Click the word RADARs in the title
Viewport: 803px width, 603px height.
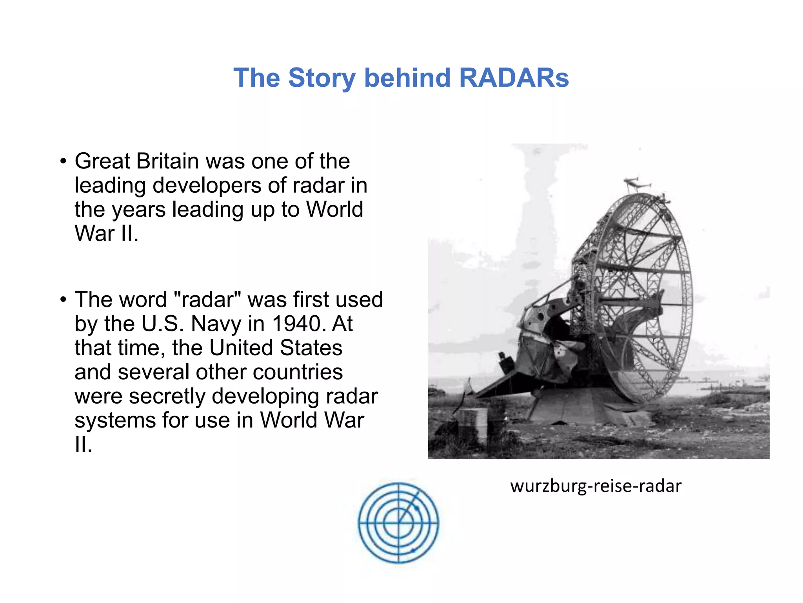pyautogui.click(x=514, y=78)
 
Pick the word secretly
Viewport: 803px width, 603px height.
pyautogui.click(x=167, y=396)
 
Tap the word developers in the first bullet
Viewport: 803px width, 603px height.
pyautogui.click(x=207, y=185)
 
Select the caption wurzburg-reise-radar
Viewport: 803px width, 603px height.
pyautogui.click(x=596, y=486)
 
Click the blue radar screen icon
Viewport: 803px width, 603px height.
pyautogui.click(x=399, y=523)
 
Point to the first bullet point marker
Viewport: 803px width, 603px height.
pyautogui.click(x=63, y=161)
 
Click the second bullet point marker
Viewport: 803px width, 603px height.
pyautogui.click(x=63, y=300)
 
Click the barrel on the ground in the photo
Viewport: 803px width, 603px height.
pyautogui.click(x=473, y=424)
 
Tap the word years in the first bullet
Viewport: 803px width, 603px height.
pyautogui.click(x=139, y=210)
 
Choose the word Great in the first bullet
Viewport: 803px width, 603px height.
pyautogui.click(x=103, y=161)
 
